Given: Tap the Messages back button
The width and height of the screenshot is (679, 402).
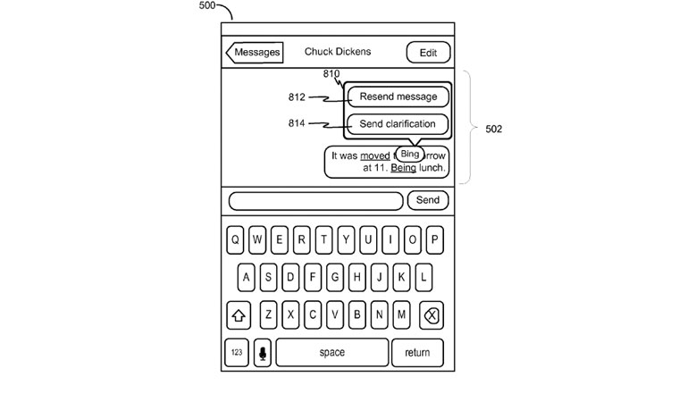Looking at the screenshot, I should (x=256, y=52).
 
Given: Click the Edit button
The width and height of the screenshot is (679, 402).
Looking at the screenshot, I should (x=428, y=53).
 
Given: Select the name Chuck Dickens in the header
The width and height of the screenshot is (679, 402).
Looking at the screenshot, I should (x=337, y=52).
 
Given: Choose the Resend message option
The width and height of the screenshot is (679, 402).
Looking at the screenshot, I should (x=398, y=96).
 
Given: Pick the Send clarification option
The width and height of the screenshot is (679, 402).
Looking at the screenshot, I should (x=398, y=124).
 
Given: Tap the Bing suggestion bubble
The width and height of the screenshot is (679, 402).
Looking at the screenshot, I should (x=410, y=154).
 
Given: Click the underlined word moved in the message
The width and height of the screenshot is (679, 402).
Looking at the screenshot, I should (x=374, y=155).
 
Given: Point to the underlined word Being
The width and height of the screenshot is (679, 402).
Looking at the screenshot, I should (x=403, y=167).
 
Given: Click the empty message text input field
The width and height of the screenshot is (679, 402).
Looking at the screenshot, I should (x=315, y=200).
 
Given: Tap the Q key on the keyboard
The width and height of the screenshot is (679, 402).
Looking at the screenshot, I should (x=235, y=239).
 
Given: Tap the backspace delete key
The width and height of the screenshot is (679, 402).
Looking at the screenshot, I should (x=430, y=314).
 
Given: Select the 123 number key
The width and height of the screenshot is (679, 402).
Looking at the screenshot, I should (x=236, y=352).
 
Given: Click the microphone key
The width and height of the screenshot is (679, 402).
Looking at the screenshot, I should (x=263, y=352).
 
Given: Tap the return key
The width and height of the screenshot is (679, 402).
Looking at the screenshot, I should (x=417, y=352).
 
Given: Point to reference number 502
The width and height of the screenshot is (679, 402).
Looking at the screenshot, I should (x=493, y=129).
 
